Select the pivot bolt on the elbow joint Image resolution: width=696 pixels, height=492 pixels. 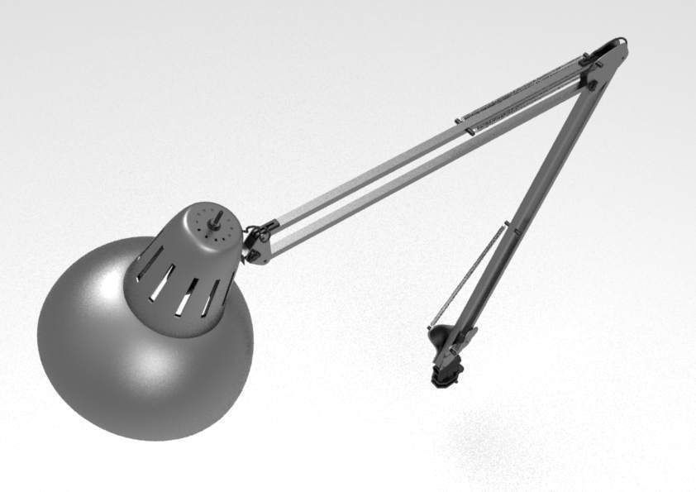click(592, 84)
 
